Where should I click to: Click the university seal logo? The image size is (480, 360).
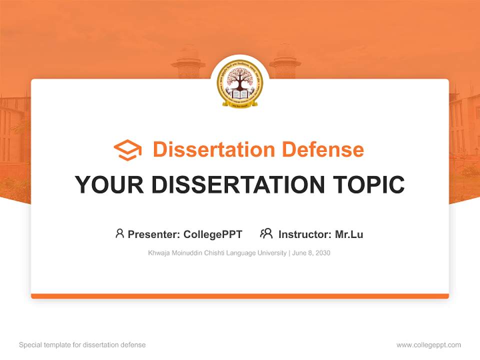(239, 84)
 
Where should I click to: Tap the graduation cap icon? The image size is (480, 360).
(127, 150)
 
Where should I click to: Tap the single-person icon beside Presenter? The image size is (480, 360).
(119, 233)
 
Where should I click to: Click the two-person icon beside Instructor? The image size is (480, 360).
(266, 233)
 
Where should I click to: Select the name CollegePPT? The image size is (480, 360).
(213, 234)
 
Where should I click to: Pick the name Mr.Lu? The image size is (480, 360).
(349, 234)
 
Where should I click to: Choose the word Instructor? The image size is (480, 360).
(305, 234)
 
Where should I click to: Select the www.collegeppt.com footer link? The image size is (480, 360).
(428, 345)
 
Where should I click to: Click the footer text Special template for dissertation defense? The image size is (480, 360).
(82, 345)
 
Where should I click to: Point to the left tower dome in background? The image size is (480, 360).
(188, 55)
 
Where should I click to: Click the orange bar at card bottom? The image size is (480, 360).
(240, 296)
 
